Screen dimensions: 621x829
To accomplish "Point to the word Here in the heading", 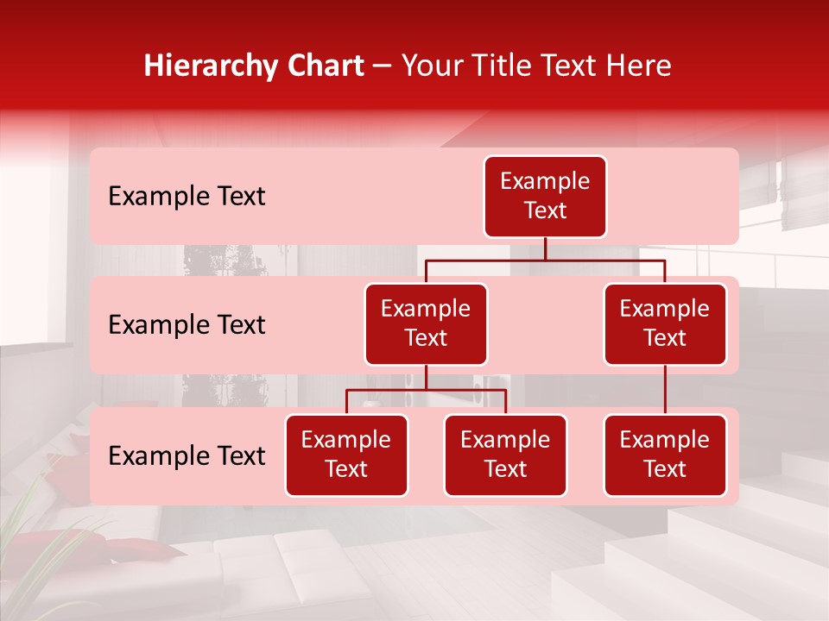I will [637, 66].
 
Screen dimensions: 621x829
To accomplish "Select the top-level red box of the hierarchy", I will [545, 197].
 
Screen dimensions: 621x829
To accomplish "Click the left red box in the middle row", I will [426, 324].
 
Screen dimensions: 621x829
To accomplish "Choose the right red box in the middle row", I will [665, 324].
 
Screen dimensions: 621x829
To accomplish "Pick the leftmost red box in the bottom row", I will [346, 455].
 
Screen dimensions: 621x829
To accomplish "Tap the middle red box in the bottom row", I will [505, 455].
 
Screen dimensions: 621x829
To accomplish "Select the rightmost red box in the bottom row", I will [665, 455].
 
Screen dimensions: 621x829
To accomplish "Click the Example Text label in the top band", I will [187, 197].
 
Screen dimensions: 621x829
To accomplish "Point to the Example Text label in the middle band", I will [187, 325].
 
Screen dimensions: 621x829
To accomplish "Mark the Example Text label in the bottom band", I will [187, 456].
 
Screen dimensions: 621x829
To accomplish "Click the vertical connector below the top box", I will [545, 248].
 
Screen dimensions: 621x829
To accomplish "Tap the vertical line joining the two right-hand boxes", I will [665, 390].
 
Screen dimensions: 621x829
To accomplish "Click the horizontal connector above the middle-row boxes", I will [545, 259].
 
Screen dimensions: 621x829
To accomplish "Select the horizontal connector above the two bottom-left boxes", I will [426, 390].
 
